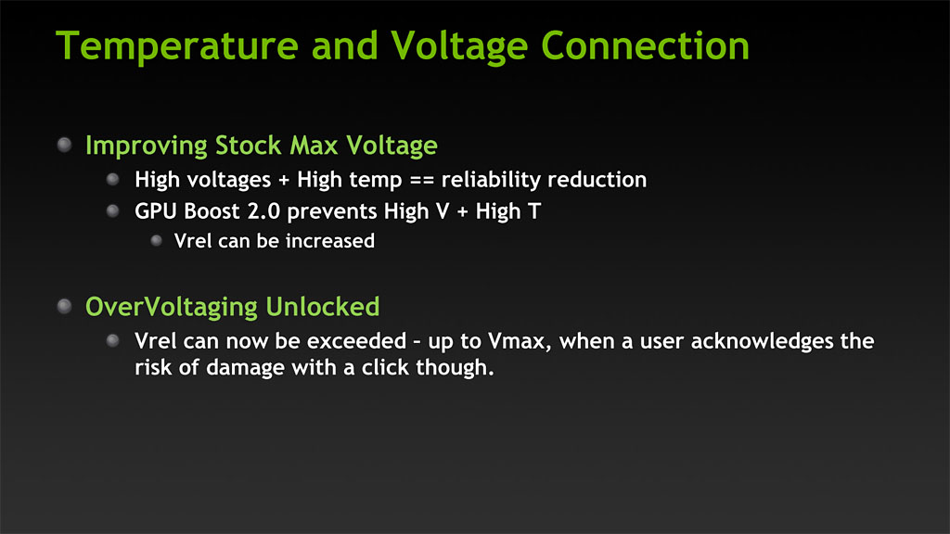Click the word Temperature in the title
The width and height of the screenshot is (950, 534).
(177, 46)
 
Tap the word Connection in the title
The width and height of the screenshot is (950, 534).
(646, 45)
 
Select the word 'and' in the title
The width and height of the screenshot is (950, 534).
(345, 45)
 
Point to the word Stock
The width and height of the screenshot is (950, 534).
(249, 146)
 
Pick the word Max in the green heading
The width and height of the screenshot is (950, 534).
(314, 146)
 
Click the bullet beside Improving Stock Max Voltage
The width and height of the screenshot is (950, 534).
(64, 145)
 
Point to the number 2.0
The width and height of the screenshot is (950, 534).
(263, 211)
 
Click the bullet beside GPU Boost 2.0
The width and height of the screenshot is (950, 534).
(112, 210)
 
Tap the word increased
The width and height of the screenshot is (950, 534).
(330, 241)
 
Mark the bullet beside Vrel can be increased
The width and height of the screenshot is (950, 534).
(156, 240)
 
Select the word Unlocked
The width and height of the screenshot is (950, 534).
(323, 307)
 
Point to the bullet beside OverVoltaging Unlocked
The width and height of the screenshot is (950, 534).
(64, 306)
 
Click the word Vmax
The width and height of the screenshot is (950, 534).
(520, 341)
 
